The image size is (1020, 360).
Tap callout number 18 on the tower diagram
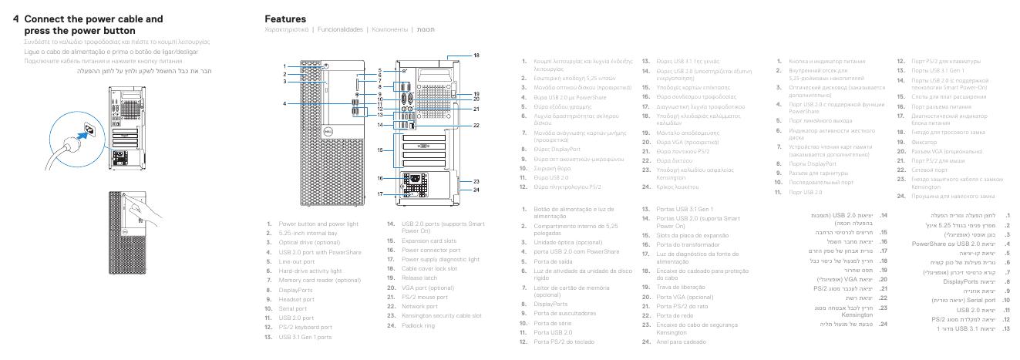[x=476, y=56]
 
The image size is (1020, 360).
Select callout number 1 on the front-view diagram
[x=284, y=66]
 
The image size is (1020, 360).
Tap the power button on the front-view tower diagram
[x=327, y=67]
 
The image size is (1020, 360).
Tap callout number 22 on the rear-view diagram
[x=476, y=124]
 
